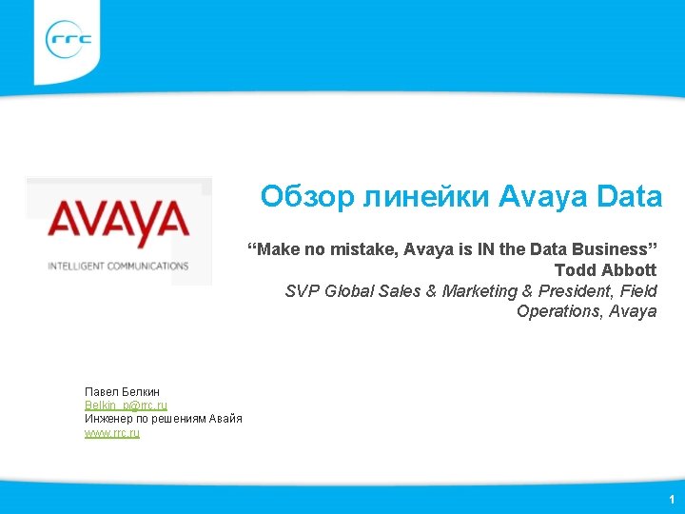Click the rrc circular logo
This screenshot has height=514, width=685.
68,40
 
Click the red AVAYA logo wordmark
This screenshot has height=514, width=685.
119,220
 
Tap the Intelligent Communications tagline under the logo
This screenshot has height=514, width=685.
119,266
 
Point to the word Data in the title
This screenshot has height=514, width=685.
630,197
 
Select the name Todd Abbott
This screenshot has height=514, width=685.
605,270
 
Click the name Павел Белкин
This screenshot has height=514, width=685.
122,391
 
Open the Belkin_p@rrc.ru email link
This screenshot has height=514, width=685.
126,405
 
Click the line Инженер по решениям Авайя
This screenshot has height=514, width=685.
163,419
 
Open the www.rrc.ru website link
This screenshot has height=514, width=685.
111,433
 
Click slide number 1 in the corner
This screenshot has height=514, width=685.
672,499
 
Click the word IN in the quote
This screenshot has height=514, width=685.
487,249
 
